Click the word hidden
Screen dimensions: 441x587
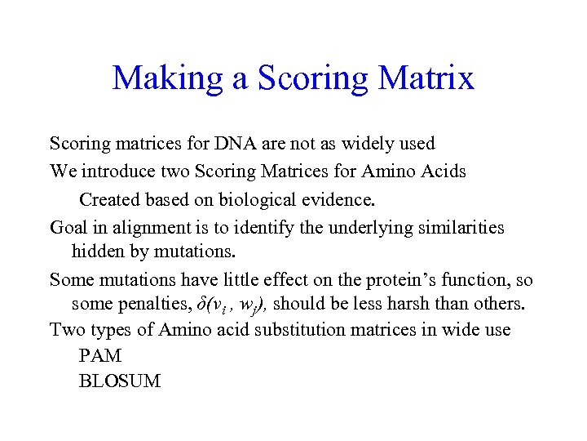click(97, 251)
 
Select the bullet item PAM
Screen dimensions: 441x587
click(99, 356)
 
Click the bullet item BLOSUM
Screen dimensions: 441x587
click(120, 381)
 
